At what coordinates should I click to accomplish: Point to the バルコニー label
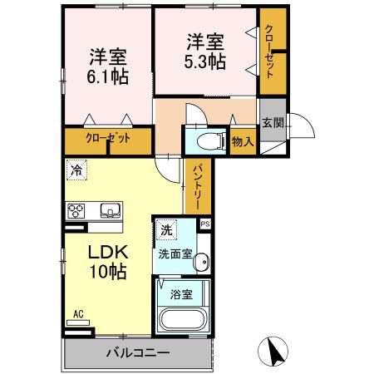[138, 352]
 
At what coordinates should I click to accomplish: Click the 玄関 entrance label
[272, 123]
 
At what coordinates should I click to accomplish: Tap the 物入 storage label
[243, 142]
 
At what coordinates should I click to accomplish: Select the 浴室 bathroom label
[181, 293]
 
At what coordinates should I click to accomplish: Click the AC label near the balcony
[79, 313]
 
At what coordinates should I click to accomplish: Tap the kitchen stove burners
[76, 209]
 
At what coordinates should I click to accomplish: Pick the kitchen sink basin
[110, 209]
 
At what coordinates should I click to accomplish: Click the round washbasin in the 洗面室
[200, 264]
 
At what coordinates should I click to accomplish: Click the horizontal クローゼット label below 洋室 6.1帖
[108, 140]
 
